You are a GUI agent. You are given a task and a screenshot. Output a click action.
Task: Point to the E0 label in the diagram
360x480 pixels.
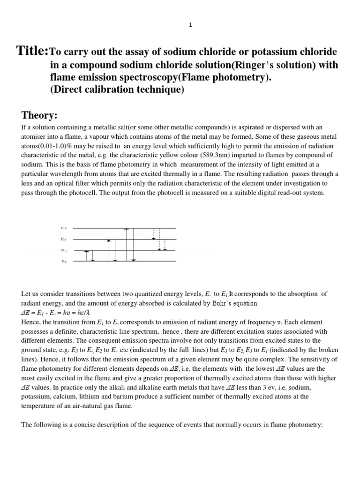64,261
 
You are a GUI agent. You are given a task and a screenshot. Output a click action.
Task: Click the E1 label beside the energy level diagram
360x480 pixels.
64,250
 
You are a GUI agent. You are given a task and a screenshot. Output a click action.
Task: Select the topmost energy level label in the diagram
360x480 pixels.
64,228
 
